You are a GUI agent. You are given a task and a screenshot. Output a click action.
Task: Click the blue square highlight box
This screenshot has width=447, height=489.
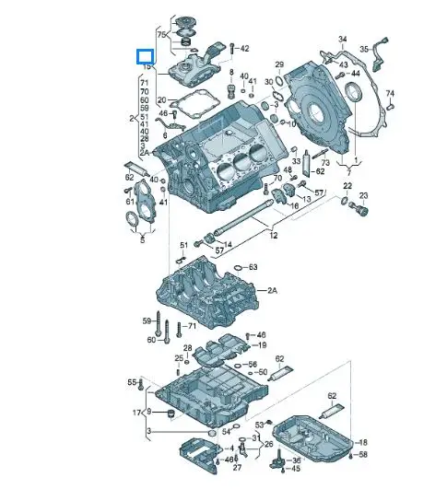pyautogui.click(x=144, y=55)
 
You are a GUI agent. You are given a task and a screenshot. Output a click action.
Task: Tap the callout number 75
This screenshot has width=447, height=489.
pyautogui.click(x=162, y=34)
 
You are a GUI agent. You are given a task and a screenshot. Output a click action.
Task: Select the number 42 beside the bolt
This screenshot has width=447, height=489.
pyautogui.click(x=244, y=47)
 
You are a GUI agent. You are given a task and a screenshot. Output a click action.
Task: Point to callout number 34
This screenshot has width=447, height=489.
pyautogui.click(x=343, y=40)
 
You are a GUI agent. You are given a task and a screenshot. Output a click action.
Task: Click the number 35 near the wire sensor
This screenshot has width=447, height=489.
pyautogui.click(x=364, y=48)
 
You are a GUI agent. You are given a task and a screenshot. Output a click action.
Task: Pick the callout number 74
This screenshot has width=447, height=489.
pyautogui.click(x=390, y=94)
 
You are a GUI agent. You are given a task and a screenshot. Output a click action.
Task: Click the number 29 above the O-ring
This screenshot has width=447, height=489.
pyautogui.click(x=279, y=64)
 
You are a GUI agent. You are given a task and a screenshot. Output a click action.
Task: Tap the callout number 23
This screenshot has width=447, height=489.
pyautogui.click(x=364, y=196)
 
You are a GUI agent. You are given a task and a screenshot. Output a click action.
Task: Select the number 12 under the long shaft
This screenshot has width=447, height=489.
pyautogui.click(x=273, y=235)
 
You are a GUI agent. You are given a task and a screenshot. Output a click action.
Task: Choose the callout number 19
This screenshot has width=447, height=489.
pyautogui.click(x=263, y=345)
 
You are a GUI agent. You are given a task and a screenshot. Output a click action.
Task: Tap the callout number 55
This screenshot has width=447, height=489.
pyautogui.click(x=132, y=381)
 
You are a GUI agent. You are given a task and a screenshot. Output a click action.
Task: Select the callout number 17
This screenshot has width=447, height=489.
pyautogui.click(x=136, y=412)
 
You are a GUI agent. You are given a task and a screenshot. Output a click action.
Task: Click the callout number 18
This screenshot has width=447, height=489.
pyautogui.click(x=362, y=443)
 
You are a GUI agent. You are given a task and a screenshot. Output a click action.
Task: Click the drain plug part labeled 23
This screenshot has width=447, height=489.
pyautogui.click(x=360, y=211)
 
